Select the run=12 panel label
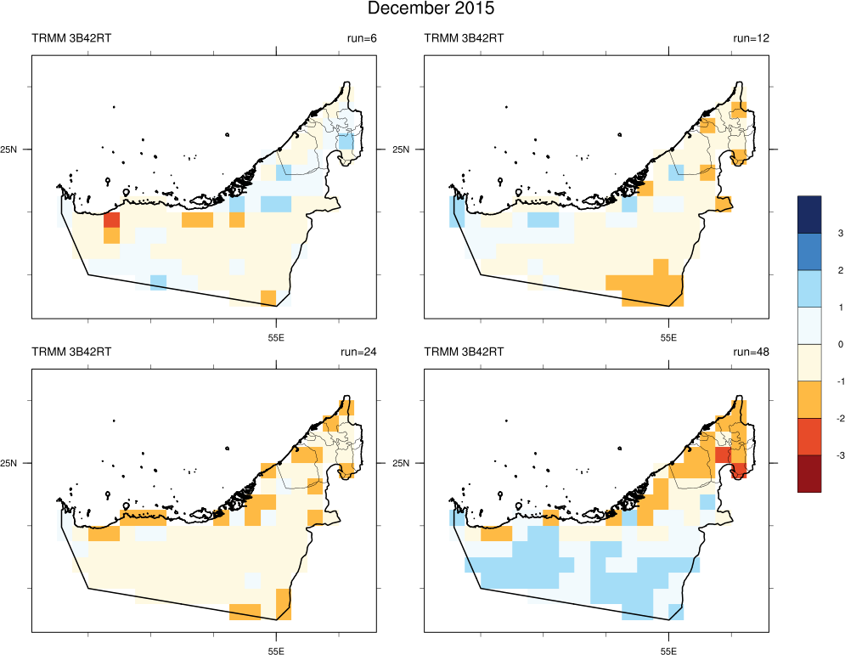[x=750, y=38]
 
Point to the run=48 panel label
[x=750, y=352]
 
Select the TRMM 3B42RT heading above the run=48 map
[x=464, y=352]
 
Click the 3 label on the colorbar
[x=816, y=233]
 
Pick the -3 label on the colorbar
[x=817, y=456]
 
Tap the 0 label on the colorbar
[x=816, y=344]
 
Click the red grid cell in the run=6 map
[x=111, y=221]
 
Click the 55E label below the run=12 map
[x=668, y=337]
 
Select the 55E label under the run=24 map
[x=276, y=652]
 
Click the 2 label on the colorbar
[x=816, y=270]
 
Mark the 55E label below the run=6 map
[x=276, y=337]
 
